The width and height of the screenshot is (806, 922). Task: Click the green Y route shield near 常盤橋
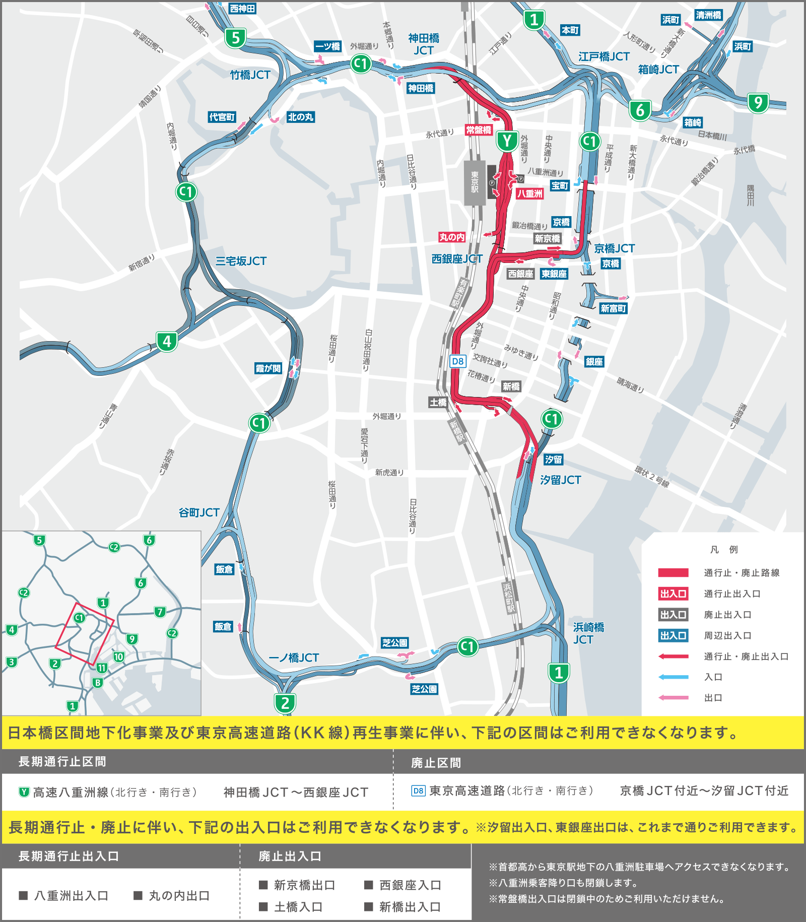click(507, 142)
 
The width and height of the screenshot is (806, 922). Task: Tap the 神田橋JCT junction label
click(424, 44)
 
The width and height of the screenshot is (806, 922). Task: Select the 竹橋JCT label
click(250, 75)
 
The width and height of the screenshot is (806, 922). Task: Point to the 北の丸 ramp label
click(301, 117)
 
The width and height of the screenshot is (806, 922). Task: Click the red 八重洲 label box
click(530, 193)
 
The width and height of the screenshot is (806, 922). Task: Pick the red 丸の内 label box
click(452, 237)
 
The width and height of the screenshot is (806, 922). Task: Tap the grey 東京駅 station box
click(475, 182)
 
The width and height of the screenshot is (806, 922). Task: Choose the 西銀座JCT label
click(457, 259)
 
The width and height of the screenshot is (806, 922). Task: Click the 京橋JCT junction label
click(614, 248)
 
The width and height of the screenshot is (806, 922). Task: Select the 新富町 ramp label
click(613, 308)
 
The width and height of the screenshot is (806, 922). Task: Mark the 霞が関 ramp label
click(268, 368)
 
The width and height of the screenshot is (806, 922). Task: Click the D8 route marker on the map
click(457, 361)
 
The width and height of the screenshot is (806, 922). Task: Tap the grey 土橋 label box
click(438, 402)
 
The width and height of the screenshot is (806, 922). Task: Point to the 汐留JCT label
click(560, 480)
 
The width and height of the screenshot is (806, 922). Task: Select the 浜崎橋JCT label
click(588, 633)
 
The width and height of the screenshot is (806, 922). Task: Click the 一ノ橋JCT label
click(294, 658)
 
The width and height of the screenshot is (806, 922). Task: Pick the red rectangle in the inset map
click(84, 633)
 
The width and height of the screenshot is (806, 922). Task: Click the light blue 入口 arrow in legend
click(673, 677)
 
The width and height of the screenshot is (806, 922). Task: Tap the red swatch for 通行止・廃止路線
click(673, 572)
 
